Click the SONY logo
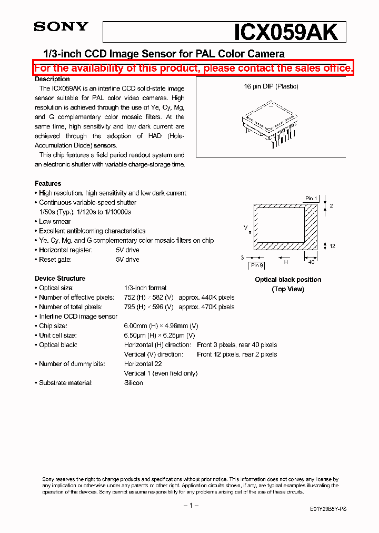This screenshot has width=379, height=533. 61,27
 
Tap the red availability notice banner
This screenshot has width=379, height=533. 194,68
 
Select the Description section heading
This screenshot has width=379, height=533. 52,79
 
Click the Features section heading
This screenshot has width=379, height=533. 48,183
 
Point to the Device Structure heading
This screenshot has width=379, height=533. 60,278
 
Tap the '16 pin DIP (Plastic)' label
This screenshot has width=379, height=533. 271,86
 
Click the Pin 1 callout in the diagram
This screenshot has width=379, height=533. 311,199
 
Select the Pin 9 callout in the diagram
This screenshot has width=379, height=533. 256,265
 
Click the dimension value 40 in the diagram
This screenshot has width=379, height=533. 312,262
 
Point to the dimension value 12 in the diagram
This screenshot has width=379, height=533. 332,246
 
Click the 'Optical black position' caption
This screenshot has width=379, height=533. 288,280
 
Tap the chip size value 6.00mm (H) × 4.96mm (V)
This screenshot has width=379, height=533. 159,326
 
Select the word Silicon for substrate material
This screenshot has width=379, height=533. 133,383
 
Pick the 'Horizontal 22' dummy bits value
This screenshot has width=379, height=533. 143,364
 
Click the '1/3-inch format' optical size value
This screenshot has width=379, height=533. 145,288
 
